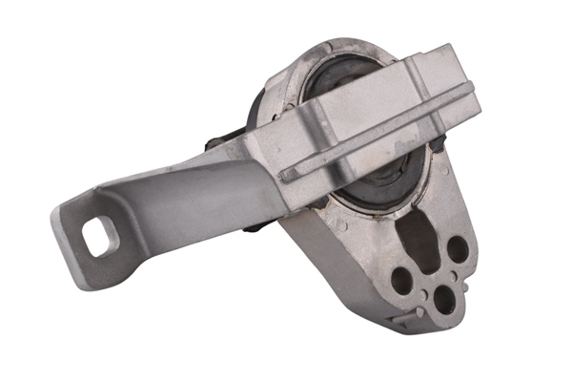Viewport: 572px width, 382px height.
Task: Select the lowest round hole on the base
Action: (x=444, y=300)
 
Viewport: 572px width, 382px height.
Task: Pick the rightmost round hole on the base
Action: (x=458, y=250)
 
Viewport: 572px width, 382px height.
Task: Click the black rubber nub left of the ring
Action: (x=217, y=143)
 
